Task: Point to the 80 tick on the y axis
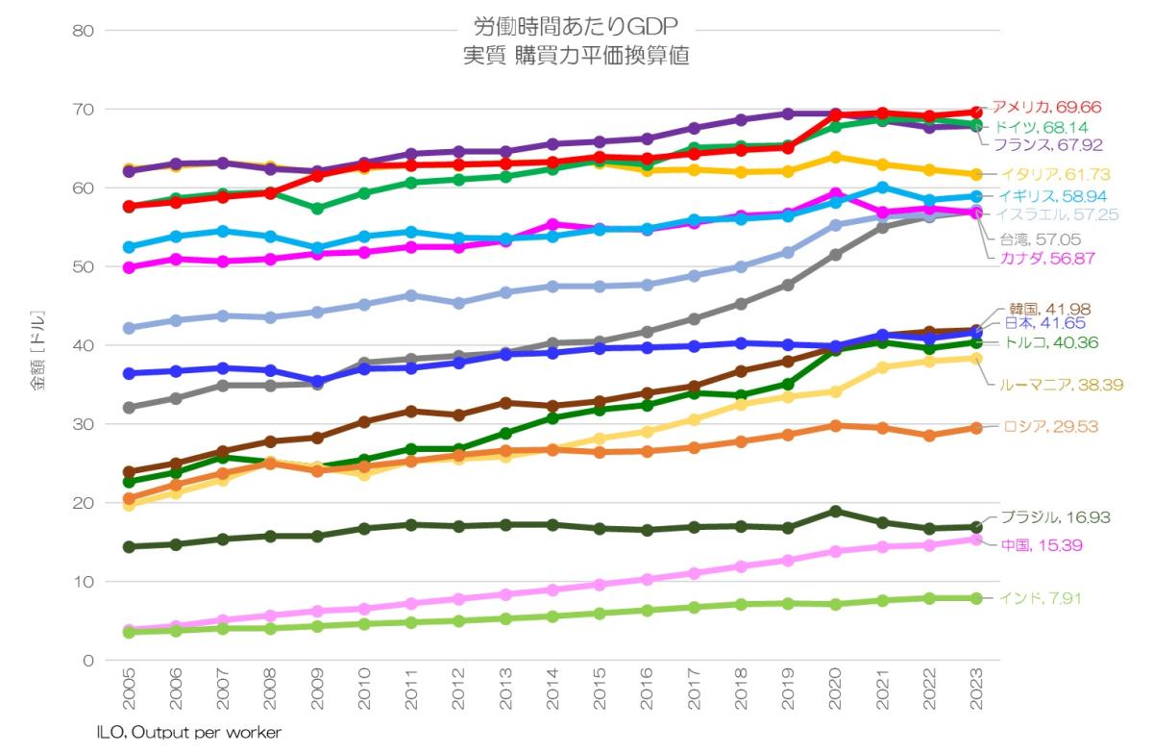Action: point(83,31)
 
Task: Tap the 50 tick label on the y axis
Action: point(83,266)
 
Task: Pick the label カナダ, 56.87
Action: point(1046,259)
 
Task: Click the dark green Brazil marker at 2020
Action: point(836,511)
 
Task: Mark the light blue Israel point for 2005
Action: point(128,328)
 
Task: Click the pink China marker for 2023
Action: point(976,540)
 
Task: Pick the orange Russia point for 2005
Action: point(128,498)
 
